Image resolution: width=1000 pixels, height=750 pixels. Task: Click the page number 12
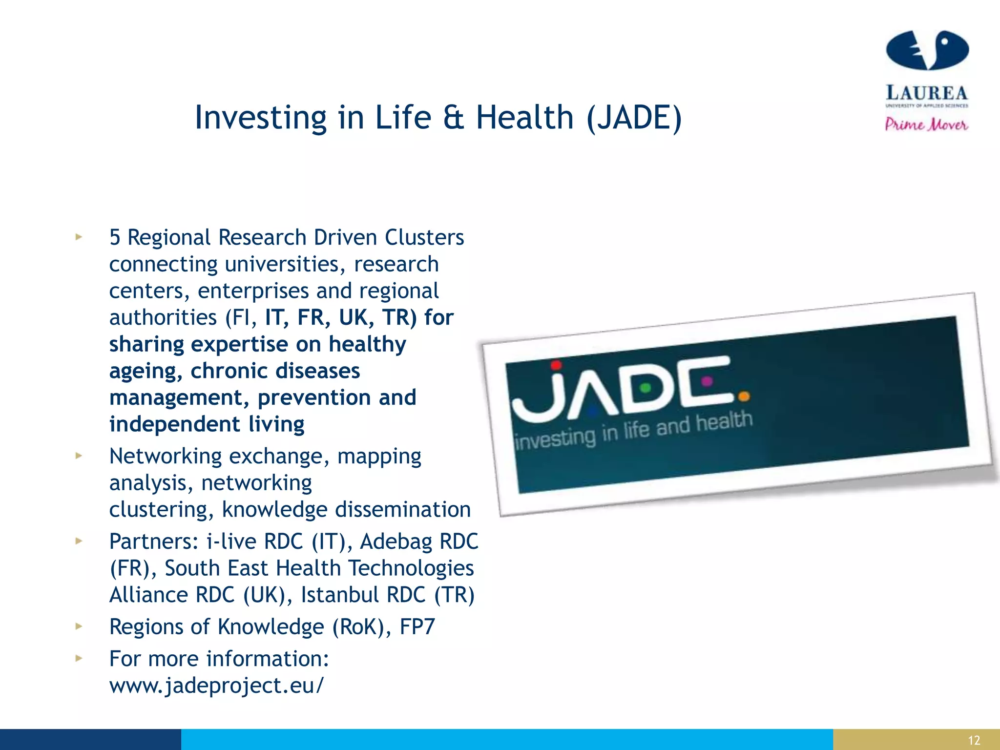pos(974,740)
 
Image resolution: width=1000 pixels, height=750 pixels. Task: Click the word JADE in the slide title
pos(634,118)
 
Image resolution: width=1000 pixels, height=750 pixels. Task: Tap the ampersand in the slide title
pos(454,118)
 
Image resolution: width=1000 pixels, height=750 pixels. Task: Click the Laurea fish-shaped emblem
pos(927,50)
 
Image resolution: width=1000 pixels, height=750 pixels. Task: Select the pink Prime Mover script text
pos(926,125)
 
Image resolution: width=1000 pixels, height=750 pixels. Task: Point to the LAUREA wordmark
pos(927,93)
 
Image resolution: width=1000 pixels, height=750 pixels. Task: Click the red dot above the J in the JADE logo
pos(556,365)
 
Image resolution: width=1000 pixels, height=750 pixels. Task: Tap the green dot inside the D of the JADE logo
pos(646,388)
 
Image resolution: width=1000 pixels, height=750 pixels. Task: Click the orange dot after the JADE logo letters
pos(744,396)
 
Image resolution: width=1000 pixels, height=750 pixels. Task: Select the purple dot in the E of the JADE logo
pos(707,380)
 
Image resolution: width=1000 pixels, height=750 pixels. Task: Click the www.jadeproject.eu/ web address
pos(216,686)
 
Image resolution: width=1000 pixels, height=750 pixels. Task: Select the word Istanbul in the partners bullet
pos(340,595)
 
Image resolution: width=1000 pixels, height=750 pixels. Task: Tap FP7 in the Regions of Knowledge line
pos(417,627)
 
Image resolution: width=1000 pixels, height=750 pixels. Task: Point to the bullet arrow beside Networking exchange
pos(79,456)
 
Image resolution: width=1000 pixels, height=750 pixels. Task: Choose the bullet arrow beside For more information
pos(79,658)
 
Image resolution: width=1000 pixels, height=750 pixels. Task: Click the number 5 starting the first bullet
pos(115,237)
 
